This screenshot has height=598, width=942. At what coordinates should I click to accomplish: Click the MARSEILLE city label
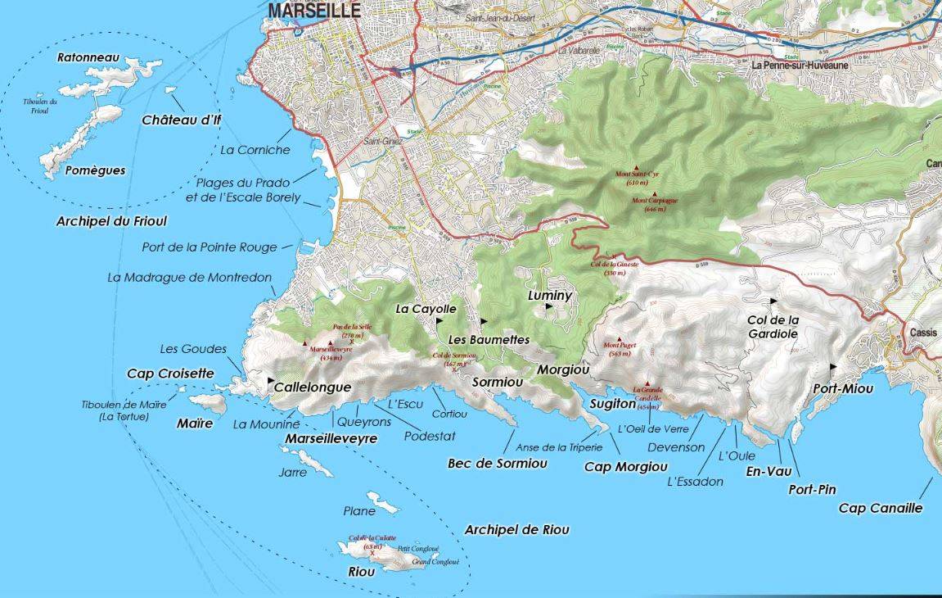(x=314, y=10)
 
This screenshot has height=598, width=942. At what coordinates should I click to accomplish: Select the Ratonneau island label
(x=88, y=58)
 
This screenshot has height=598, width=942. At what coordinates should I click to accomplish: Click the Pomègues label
(x=95, y=170)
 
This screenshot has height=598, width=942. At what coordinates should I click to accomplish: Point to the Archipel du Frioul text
(x=111, y=221)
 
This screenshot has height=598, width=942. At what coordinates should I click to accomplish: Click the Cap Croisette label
(x=170, y=374)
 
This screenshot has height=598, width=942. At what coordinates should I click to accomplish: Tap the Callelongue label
(x=312, y=387)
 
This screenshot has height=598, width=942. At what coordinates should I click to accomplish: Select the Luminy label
(x=550, y=295)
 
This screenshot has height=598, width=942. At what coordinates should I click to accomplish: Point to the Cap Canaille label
(x=881, y=508)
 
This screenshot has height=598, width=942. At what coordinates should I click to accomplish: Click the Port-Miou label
(x=843, y=388)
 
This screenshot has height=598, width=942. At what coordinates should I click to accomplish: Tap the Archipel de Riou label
(x=516, y=530)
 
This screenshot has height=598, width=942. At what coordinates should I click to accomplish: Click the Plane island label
(x=359, y=511)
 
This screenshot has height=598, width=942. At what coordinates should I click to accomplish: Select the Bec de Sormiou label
(x=497, y=463)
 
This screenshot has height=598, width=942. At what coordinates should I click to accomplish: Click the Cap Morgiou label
(x=625, y=467)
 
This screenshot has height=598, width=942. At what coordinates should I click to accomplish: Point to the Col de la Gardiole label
(x=773, y=326)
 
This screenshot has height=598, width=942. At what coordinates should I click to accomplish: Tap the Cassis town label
(x=925, y=333)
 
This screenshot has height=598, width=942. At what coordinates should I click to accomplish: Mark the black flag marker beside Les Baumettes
(x=483, y=321)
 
